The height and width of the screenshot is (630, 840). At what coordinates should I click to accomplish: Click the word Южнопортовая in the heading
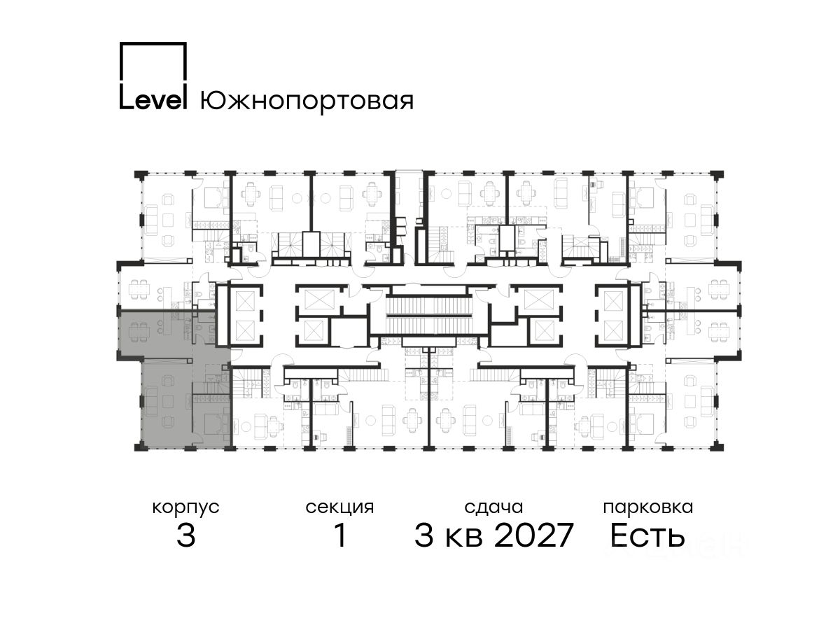tap(307, 101)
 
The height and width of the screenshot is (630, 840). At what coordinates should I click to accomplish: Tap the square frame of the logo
tap(153, 61)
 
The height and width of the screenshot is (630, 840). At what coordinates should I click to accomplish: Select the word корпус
tap(186, 508)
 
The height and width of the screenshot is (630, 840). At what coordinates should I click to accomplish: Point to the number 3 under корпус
tap(186, 535)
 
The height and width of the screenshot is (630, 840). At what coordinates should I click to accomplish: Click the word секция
tap(339, 507)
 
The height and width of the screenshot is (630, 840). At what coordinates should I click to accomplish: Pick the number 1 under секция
tap(340, 535)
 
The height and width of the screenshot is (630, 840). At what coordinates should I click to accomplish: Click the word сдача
tap(493, 507)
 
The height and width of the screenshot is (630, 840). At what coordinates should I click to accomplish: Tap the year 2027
tap(534, 535)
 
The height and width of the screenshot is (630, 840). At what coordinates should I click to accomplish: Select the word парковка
tap(648, 507)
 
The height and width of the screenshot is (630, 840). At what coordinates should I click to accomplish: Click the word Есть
tap(647, 535)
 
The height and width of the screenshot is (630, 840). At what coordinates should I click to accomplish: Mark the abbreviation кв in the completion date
tap(464, 538)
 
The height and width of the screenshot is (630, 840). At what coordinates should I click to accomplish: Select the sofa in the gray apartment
tap(150, 401)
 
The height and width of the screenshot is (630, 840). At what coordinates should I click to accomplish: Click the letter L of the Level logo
tap(126, 97)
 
